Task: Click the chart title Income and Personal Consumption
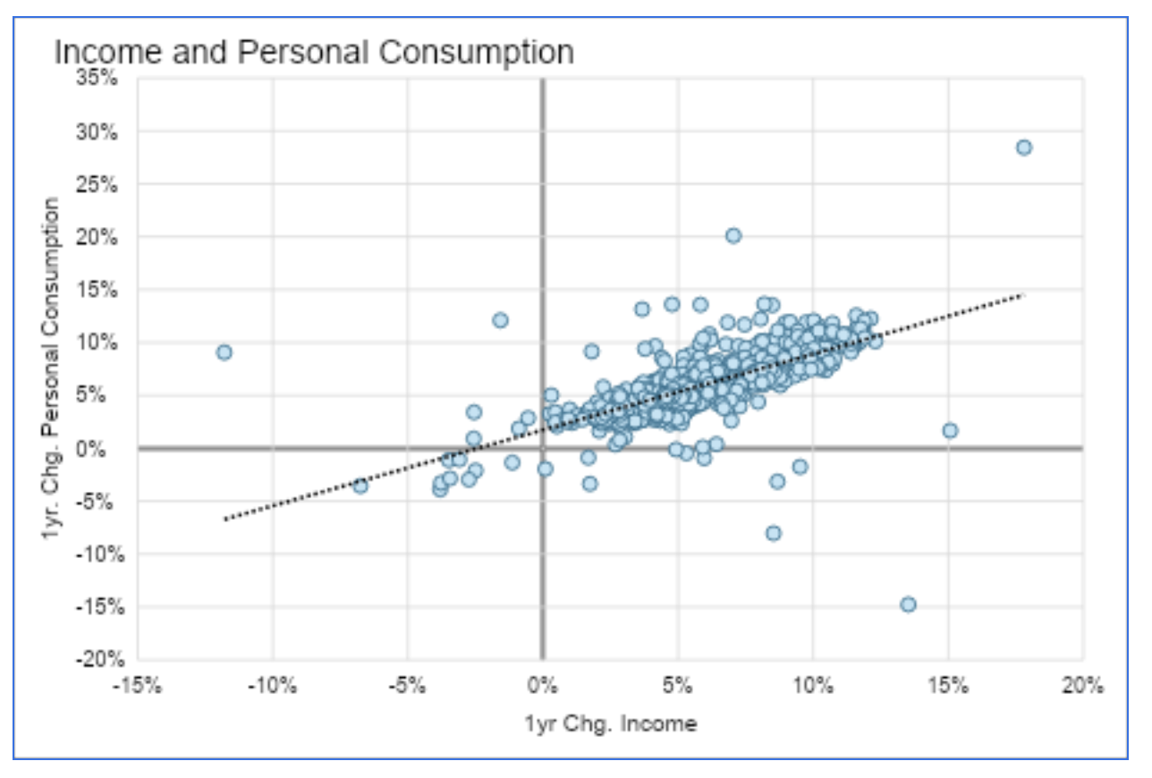314,52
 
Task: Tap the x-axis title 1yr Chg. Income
610,723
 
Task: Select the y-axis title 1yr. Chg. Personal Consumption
53,368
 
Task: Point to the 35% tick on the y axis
101,79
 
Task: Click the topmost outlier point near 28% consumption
1023,148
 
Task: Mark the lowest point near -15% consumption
908,605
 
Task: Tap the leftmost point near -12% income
224,352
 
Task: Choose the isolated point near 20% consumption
733,235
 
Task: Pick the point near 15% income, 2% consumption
950,430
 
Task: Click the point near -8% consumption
773,533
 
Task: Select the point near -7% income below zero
360,486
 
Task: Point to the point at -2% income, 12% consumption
500,320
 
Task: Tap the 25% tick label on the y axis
101,184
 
